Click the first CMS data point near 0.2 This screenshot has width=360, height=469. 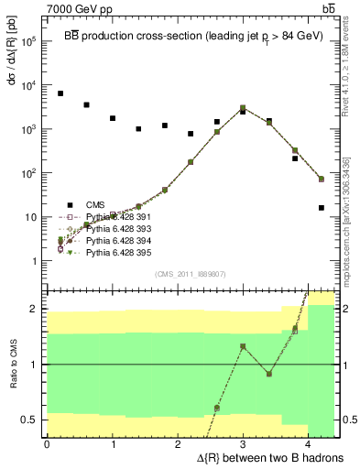60,93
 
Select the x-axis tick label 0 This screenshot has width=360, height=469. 47,445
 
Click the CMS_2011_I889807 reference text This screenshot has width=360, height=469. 191,274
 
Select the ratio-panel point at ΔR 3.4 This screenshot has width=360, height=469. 269,374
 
